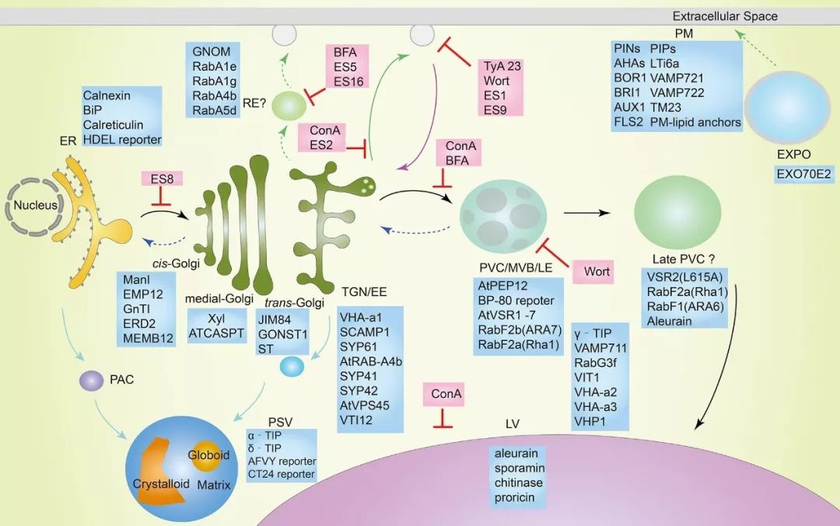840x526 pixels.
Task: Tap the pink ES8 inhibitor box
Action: [x=162, y=179]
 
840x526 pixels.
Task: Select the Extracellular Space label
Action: [x=724, y=16]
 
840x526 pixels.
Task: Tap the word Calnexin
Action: [x=108, y=96]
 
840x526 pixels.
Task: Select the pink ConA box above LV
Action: [x=443, y=394]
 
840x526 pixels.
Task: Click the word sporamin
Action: [x=519, y=468]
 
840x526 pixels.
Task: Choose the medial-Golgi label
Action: [x=215, y=298]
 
